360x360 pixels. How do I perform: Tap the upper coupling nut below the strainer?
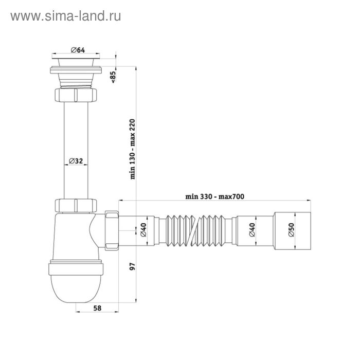coord(76,96)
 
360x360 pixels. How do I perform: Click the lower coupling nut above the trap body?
coord(76,205)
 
